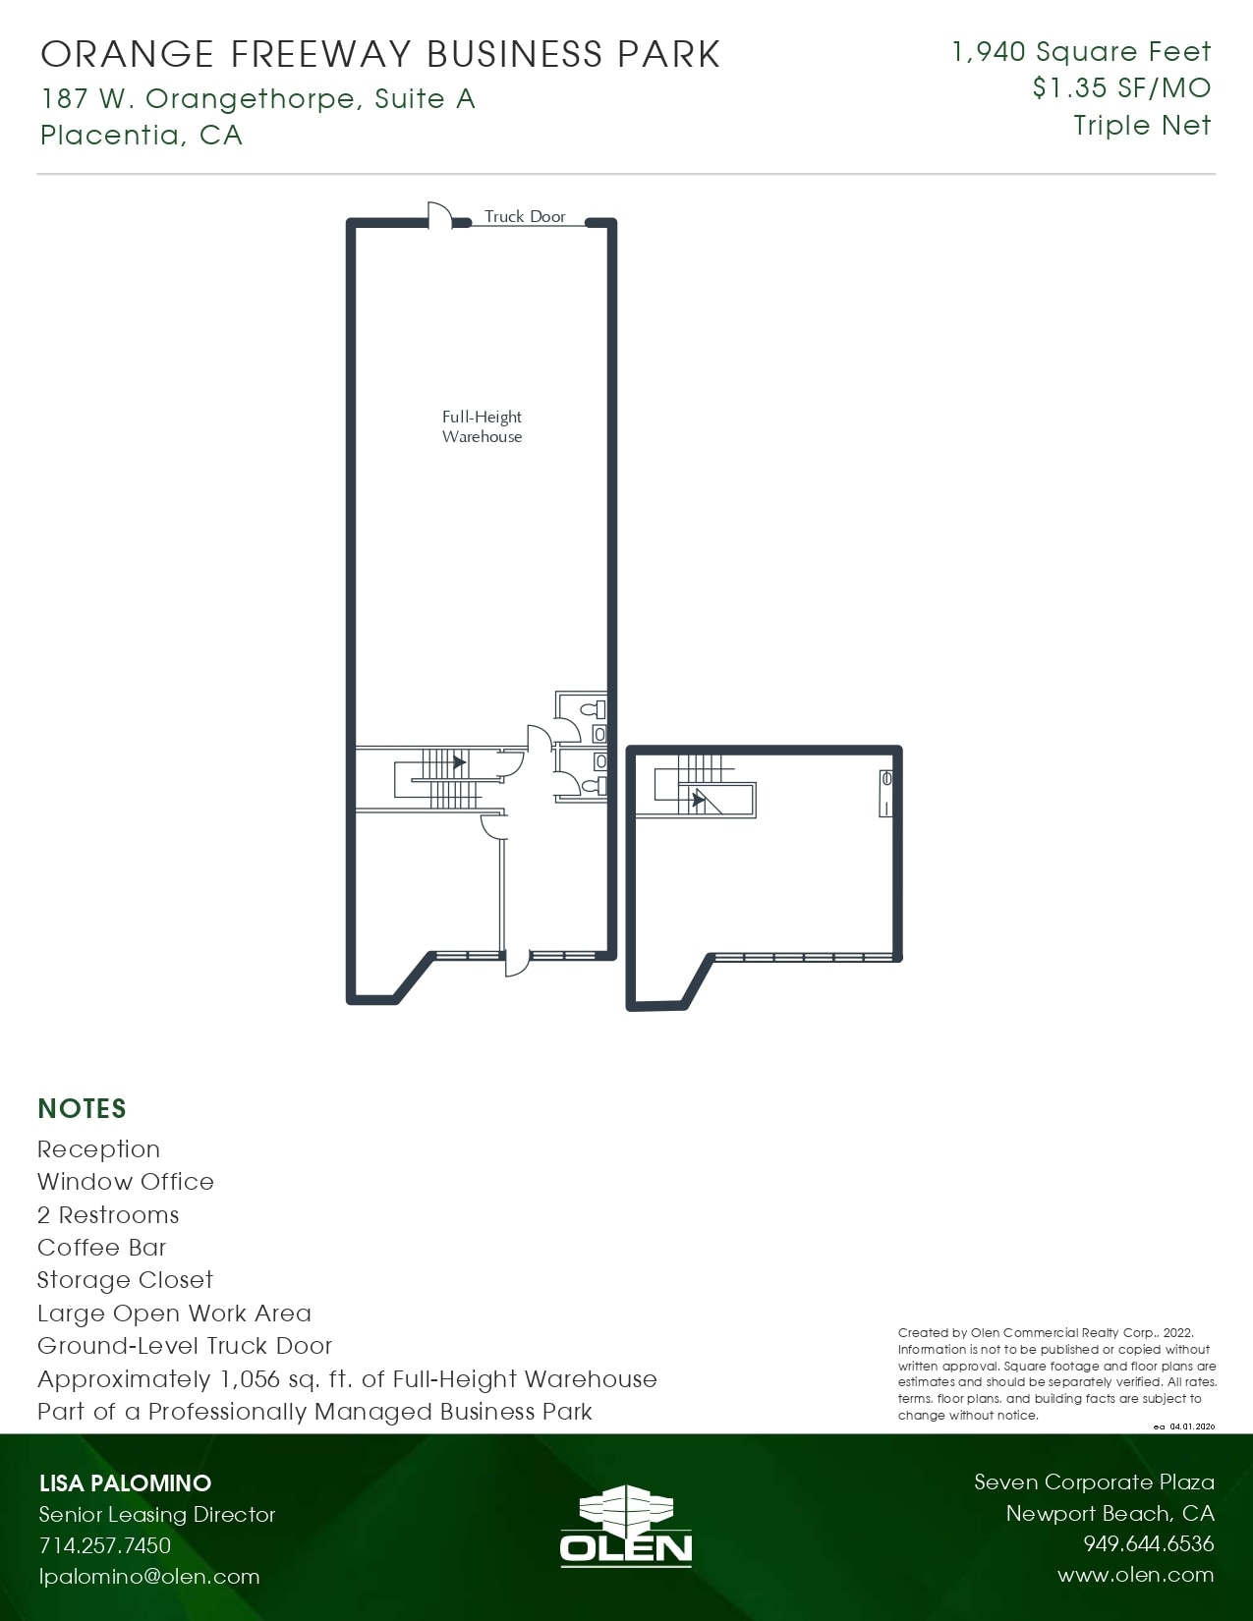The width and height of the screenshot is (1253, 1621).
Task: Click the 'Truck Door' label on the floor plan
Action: pyautogui.click(x=525, y=216)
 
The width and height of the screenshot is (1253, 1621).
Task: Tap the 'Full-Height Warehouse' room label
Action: pyautogui.click(x=482, y=426)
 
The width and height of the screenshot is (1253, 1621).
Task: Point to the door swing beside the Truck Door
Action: pyautogui.click(x=438, y=214)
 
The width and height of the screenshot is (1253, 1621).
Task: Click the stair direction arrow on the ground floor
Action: pyautogui.click(x=458, y=761)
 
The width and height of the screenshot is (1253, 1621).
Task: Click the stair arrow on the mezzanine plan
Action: pyautogui.click(x=698, y=800)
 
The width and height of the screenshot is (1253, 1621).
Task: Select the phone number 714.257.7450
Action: pyautogui.click(x=105, y=1545)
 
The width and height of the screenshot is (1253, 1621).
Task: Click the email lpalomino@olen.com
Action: pyautogui.click(x=149, y=1577)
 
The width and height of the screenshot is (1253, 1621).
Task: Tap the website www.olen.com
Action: pyautogui.click(x=1135, y=1575)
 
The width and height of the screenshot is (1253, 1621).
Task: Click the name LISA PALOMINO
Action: pyautogui.click(x=125, y=1483)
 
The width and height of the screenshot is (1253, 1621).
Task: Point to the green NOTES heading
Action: pyautogui.click(x=82, y=1108)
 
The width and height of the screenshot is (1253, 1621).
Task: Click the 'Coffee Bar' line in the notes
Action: pyautogui.click(x=102, y=1248)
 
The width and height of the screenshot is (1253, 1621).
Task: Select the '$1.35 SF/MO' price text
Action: pyautogui.click(x=1121, y=88)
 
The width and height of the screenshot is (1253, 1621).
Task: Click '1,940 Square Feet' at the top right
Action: pyautogui.click(x=1081, y=51)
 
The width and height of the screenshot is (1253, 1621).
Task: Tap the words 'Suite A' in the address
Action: pyautogui.click(x=425, y=98)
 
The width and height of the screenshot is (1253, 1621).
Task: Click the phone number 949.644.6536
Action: pyautogui.click(x=1148, y=1543)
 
